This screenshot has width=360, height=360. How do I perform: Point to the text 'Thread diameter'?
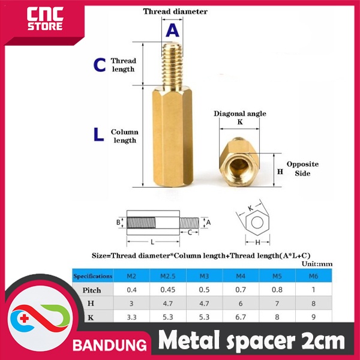(x=175, y=11)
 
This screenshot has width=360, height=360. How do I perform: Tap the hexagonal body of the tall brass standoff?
(x=172, y=138)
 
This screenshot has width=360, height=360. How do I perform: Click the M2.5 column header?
(x=166, y=276)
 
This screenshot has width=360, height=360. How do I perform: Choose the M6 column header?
(x=313, y=276)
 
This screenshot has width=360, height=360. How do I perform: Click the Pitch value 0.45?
(x=166, y=290)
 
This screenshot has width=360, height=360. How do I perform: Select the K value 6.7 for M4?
(x=239, y=316)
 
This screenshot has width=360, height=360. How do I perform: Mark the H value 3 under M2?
(x=130, y=303)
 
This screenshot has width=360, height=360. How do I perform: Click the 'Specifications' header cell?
(x=92, y=276)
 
